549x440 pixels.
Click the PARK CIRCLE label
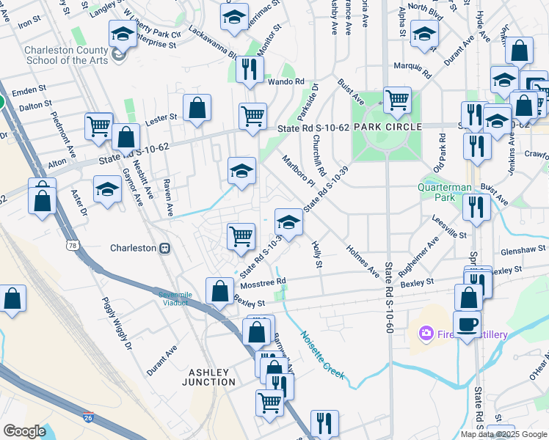click(388, 127)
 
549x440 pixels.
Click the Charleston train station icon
click(166, 248)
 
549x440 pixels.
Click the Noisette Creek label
click(321, 356)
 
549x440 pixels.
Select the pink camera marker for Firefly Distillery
click(426, 334)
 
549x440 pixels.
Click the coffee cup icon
click(467, 323)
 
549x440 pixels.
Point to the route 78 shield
click(71, 244)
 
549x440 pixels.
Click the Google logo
click(24, 430)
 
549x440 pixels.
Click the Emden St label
click(29, 91)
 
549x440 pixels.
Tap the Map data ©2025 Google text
click(503, 433)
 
